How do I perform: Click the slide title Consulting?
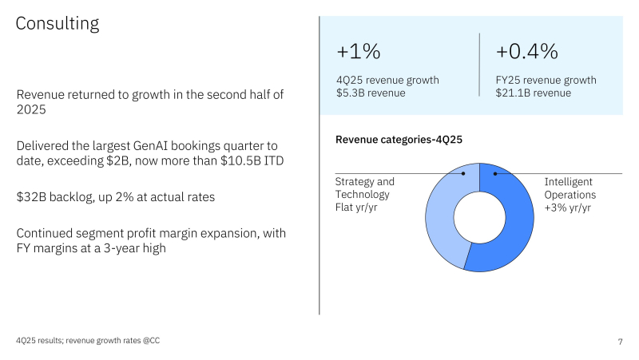click(58, 24)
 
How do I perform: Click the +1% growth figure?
click(359, 53)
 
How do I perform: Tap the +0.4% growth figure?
click(526, 53)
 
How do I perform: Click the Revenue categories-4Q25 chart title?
click(399, 140)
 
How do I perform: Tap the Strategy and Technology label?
click(364, 188)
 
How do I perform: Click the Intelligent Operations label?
click(570, 188)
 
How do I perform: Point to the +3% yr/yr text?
click(568, 208)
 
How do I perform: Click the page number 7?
click(620, 342)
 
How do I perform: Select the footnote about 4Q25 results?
click(93, 341)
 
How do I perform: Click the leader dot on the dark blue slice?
click(495, 173)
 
